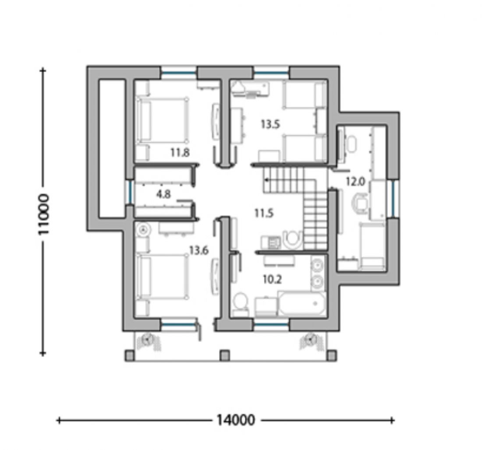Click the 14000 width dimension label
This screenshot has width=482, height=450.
236,420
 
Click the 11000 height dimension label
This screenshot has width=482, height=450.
44,214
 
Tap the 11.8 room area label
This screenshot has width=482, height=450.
180,152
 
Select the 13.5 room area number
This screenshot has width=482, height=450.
270,124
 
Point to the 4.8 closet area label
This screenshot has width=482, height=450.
163,194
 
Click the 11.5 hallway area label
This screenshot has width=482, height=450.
264,213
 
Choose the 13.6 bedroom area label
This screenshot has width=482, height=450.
199,250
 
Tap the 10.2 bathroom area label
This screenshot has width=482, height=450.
273,279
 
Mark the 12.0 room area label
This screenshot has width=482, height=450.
355,182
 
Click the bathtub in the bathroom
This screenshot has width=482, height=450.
302,304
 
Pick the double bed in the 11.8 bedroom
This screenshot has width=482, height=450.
162,120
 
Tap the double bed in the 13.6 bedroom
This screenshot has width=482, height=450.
162,276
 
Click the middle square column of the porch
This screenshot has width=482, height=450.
225,356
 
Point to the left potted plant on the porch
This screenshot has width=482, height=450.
149,340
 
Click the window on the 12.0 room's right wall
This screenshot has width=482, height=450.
393,199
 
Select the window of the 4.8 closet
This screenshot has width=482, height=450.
130,192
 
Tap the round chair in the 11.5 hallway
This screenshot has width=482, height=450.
292,239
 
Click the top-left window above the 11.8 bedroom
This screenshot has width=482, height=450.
179,73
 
